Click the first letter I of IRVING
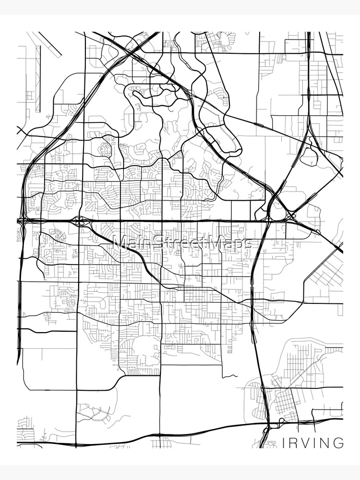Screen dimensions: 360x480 coord(283,443)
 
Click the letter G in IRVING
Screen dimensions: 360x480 coord(339,443)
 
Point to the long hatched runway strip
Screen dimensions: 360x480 coord(38,79)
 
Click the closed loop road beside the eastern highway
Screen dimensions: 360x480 coord(311,156)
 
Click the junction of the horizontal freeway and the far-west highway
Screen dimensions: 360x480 coord(22,221)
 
